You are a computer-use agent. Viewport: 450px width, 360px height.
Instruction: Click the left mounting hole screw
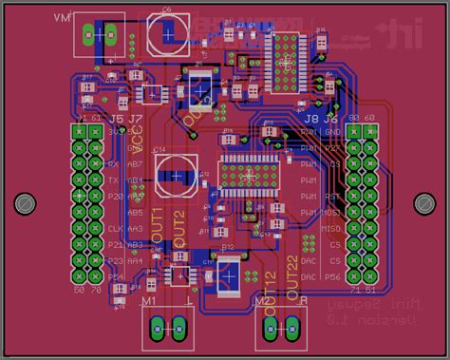point(25,203)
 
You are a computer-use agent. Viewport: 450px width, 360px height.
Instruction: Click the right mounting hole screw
point(423,203)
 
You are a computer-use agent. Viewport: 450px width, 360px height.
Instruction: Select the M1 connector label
point(149,301)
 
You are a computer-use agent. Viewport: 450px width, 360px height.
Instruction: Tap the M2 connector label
point(262,301)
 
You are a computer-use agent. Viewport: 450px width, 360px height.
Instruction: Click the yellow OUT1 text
point(158,219)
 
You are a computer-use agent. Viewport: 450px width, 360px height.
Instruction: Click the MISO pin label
point(331,229)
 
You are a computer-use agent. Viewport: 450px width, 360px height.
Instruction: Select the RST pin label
point(333,197)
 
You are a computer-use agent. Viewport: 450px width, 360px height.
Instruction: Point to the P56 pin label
point(332,276)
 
